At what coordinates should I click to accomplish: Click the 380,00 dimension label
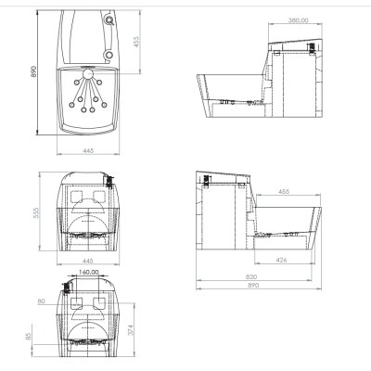(298, 20)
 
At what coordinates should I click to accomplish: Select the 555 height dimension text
(36, 212)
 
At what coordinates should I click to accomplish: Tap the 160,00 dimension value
(88, 272)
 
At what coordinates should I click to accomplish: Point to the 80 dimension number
(41, 301)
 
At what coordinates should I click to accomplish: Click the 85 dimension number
(28, 336)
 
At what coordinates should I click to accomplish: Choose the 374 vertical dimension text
(130, 330)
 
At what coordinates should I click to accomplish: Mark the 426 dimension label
(281, 261)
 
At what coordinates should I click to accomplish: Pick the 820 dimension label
(251, 276)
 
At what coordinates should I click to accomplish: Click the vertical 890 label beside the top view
(33, 71)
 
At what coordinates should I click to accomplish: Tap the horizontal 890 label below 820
(253, 285)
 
